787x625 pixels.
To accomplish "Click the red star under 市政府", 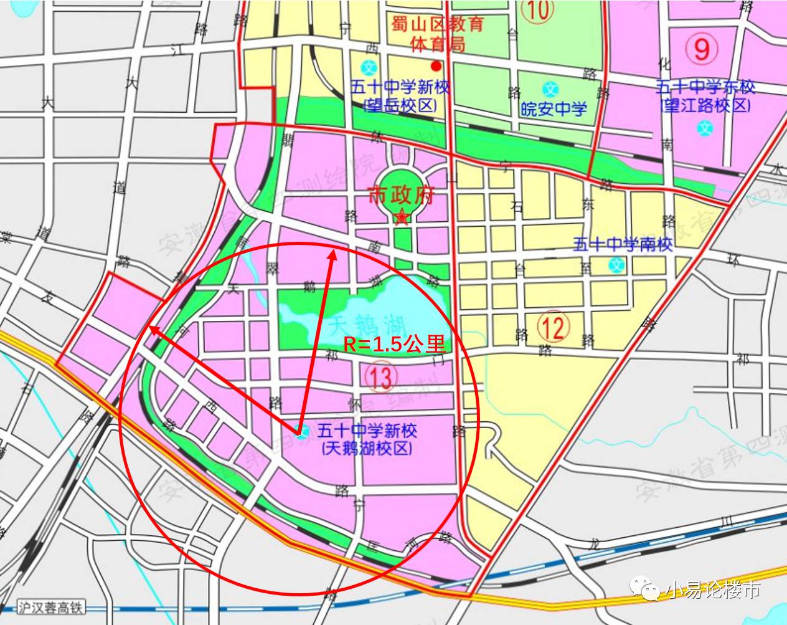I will pyautogui.click(x=402, y=217).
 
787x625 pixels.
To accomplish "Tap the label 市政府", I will pyautogui.click(x=400, y=196).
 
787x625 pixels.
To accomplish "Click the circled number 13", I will pyautogui.click(x=380, y=377).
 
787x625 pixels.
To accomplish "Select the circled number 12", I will pyautogui.click(x=553, y=327).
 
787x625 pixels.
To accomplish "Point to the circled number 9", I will pyautogui.click(x=702, y=48).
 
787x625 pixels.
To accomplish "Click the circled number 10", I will pyautogui.click(x=537, y=11).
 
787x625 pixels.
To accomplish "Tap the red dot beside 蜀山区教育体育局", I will pyautogui.click(x=436, y=65).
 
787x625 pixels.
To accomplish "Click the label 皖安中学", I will pyautogui.click(x=554, y=110).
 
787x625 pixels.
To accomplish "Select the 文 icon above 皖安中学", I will pyautogui.click(x=550, y=88).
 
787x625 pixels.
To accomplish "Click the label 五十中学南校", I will pyautogui.click(x=623, y=244).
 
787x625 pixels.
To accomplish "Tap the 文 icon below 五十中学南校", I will pyautogui.click(x=616, y=265).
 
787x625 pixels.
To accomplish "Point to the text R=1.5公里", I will pyautogui.click(x=394, y=345).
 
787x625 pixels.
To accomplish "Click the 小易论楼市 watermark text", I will pyautogui.click(x=714, y=589).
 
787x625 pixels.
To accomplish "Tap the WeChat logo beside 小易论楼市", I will pyautogui.click(x=645, y=588).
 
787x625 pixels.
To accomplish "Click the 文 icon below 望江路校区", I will pyautogui.click(x=705, y=129).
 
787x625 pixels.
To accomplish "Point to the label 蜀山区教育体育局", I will pyautogui.click(x=437, y=34).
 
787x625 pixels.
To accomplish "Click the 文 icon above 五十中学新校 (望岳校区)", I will pyautogui.click(x=370, y=67).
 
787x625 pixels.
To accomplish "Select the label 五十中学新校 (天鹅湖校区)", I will pyautogui.click(x=367, y=439).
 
